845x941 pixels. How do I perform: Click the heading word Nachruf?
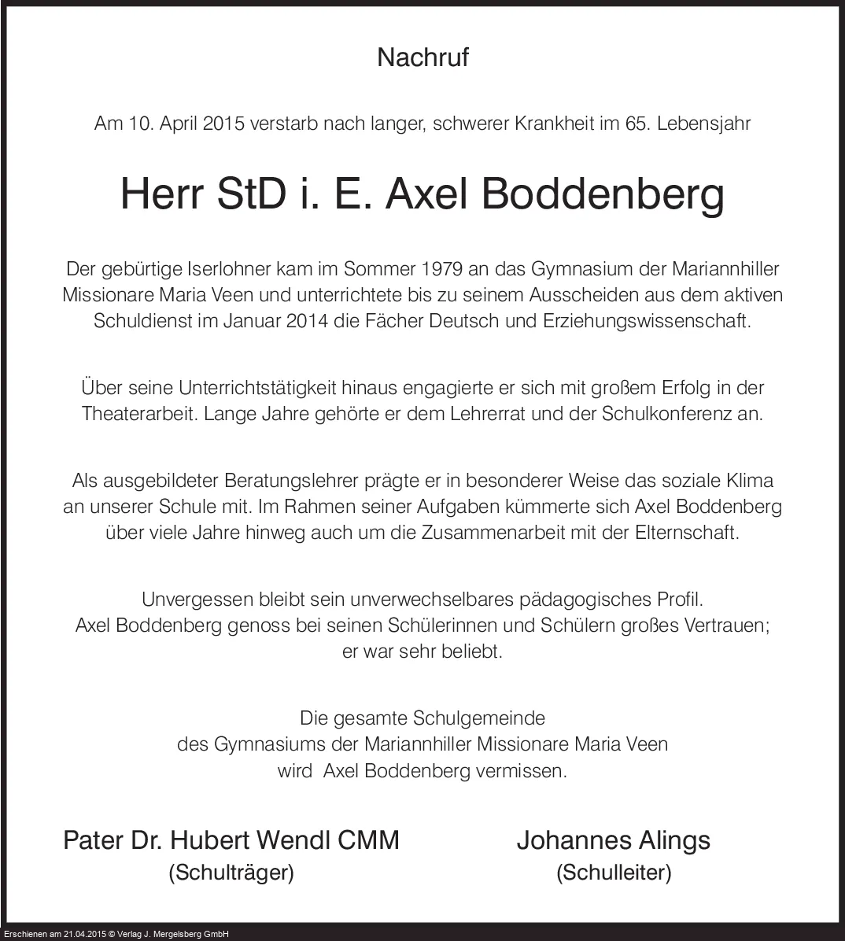tap(422, 57)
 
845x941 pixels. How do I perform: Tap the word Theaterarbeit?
tap(139, 414)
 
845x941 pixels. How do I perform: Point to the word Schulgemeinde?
tap(481, 718)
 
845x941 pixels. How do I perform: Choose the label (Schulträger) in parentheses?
tap(231, 873)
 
